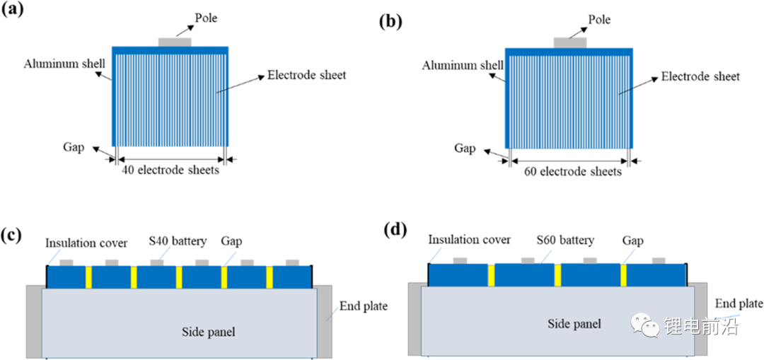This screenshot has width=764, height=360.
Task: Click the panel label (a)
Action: point(12,11)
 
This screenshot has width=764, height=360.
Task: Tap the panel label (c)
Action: point(11,236)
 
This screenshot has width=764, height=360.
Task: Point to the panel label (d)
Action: point(393,229)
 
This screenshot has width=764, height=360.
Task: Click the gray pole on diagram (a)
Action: point(175,42)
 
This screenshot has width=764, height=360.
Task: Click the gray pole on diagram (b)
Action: point(570,43)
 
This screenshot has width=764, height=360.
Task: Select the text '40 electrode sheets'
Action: point(170,171)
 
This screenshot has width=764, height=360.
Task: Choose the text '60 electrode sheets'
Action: point(573,172)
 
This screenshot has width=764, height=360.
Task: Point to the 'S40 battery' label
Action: point(178,240)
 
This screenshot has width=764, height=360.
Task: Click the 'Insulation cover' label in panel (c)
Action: point(87,242)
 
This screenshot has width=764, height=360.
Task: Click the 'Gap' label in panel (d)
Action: point(633,240)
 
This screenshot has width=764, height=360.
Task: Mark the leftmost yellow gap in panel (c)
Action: point(88,277)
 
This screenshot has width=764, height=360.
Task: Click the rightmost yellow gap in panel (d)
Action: point(623,274)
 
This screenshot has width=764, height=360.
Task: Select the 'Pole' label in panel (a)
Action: point(206,18)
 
